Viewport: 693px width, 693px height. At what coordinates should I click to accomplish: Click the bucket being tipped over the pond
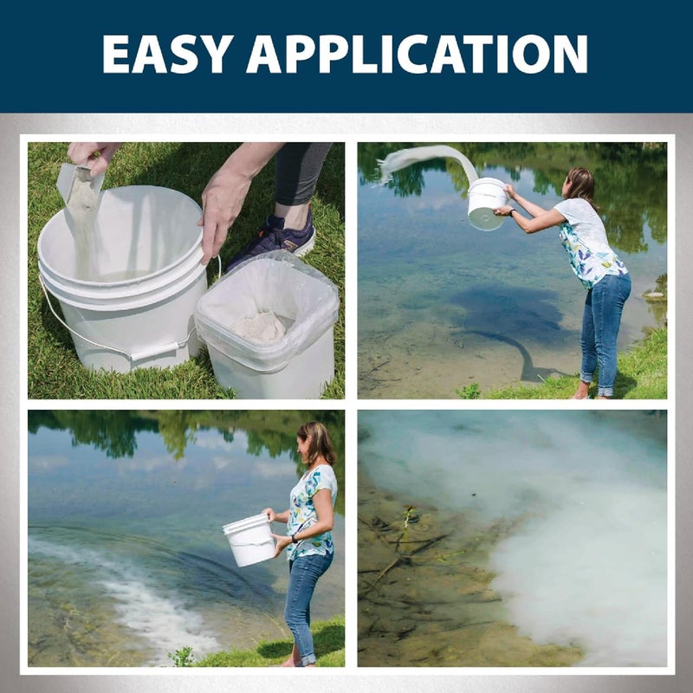[x=488, y=204]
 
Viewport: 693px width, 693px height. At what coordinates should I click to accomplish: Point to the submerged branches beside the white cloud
[x=398, y=554]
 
